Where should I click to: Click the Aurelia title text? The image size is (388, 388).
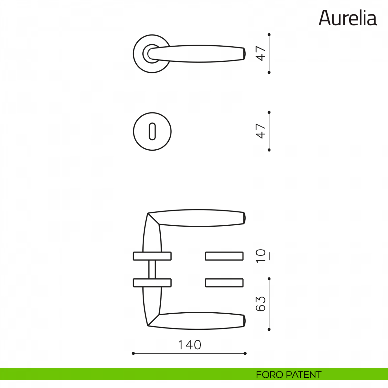(348, 18)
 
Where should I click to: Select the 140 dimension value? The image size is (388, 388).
(189, 345)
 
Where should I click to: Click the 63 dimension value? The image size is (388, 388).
(261, 304)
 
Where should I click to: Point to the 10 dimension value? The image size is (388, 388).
(261, 256)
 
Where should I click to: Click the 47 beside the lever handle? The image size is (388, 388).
(261, 53)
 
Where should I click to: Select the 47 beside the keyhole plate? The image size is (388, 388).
(261, 131)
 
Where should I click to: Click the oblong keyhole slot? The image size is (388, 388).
(152, 131)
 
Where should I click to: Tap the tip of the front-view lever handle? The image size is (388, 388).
(244, 54)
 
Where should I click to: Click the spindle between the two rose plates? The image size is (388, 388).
(152, 269)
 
